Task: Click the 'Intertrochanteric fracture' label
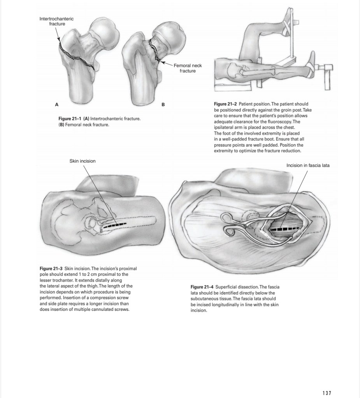[56, 21]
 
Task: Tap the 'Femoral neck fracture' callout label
[188, 68]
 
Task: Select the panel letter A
[57, 104]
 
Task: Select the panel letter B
[163, 104]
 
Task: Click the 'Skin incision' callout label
[82, 161]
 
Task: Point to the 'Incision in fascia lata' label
[307, 165]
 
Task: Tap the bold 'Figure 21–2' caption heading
[226, 104]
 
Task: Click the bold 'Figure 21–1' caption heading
[70, 118]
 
